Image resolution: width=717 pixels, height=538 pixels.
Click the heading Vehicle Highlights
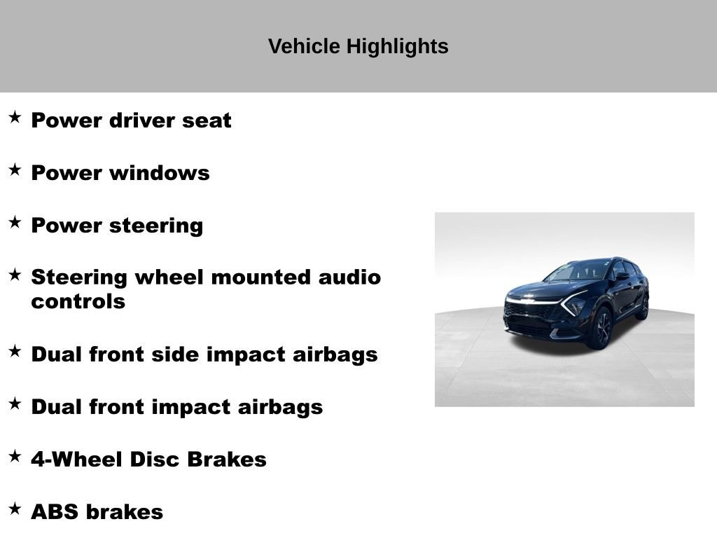(358, 46)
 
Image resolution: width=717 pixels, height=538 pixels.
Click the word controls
(78, 302)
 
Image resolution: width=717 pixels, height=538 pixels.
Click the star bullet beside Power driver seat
(15, 118)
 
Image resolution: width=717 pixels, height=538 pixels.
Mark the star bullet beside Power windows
(15, 170)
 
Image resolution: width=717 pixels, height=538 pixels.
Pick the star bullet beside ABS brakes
(15, 509)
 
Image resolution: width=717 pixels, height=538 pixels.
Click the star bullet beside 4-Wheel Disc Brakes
(15, 457)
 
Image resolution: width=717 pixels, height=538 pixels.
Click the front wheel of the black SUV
(601, 328)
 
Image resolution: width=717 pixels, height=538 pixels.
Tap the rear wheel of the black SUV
(643, 307)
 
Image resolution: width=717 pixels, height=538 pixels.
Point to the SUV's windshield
(582, 270)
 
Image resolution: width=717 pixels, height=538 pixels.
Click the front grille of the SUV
(530, 311)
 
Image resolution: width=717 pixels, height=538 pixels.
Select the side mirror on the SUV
(621, 277)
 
